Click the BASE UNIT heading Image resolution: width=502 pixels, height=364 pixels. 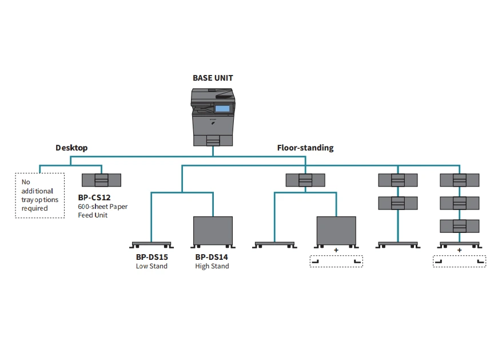tap(213, 78)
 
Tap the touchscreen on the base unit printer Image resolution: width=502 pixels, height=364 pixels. tap(222, 108)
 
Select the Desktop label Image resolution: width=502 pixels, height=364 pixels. tap(71, 148)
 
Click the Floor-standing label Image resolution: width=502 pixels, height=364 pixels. tap(305, 148)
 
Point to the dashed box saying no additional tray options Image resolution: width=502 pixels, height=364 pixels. tap(39, 195)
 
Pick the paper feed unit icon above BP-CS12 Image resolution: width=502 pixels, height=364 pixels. tap(102, 180)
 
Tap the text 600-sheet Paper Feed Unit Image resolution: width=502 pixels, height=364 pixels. tap(103, 211)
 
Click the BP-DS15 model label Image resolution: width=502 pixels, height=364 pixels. tap(151, 258)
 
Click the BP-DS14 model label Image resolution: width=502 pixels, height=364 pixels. tap(213, 258)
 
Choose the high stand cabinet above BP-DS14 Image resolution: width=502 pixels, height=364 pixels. tap(213, 231)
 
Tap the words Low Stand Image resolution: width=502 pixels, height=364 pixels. tap(151, 266)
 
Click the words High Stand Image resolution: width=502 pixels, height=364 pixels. tap(212, 266)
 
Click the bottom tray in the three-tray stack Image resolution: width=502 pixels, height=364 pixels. tap(459, 225)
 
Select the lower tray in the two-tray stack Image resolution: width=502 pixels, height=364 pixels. tap(398, 203)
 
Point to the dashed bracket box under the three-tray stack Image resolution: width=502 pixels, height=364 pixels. tap(459, 261)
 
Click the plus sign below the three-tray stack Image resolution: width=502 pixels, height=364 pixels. tap(459, 250)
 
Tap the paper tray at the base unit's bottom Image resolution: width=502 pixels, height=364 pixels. tap(213, 140)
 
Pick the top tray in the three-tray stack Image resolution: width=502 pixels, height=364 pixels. tap(459, 180)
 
